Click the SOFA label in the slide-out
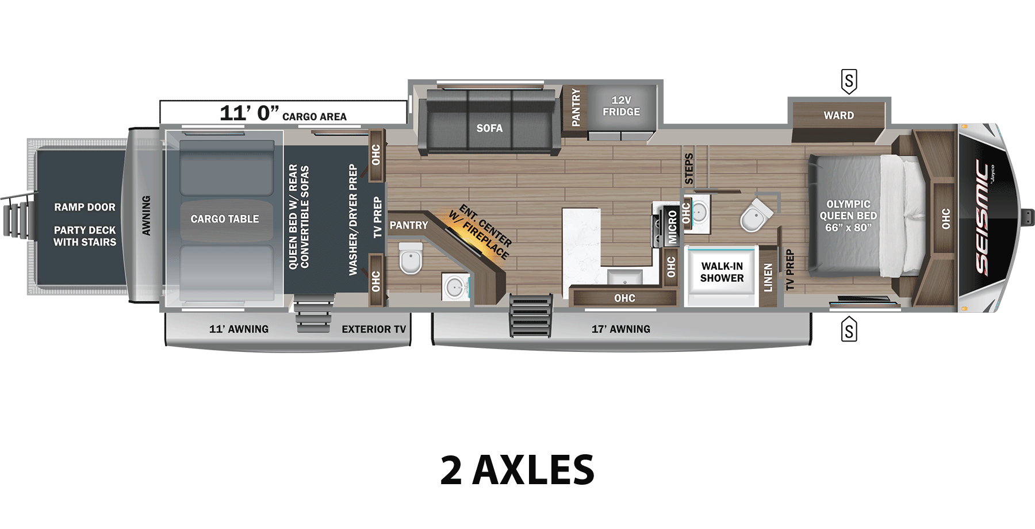click(489, 128)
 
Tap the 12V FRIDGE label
click(621, 106)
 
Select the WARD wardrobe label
click(838, 116)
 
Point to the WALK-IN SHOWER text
click(722, 272)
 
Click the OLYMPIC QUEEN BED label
click(848, 216)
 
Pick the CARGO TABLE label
click(225, 219)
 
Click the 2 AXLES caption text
click(517, 470)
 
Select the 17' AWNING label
click(621, 329)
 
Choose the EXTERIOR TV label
click(374, 329)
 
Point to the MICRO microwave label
click(672, 227)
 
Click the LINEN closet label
click(768, 278)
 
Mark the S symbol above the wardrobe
click(849, 81)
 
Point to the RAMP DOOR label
click(85, 207)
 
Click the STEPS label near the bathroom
click(689, 168)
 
